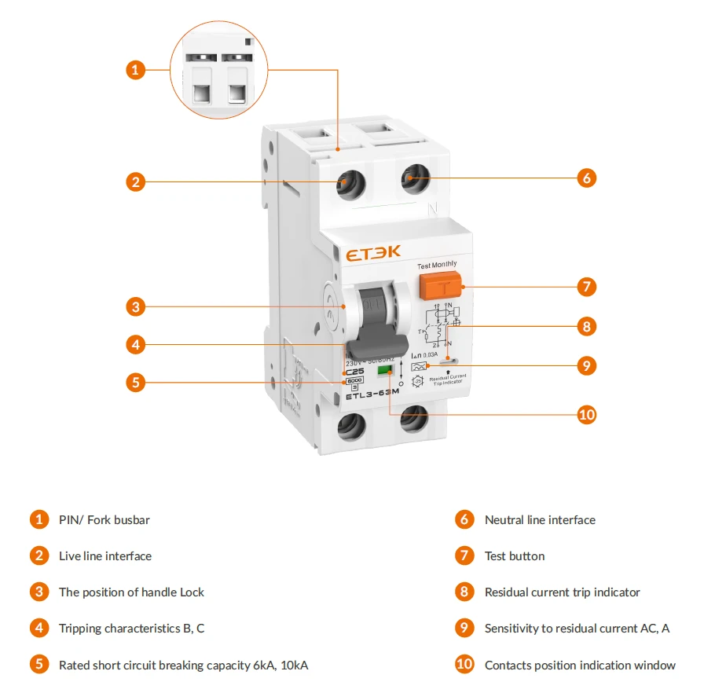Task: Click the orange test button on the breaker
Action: [x=440, y=287]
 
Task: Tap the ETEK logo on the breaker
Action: [x=372, y=252]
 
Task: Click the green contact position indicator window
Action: [x=385, y=368]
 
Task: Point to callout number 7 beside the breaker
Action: [x=586, y=286]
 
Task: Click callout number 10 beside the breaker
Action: [x=586, y=415]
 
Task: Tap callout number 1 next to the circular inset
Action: [x=136, y=70]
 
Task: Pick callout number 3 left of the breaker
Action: [x=136, y=306]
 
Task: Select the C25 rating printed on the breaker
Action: [x=354, y=372]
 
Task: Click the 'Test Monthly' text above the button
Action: [x=437, y=265]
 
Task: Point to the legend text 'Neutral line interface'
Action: [x=540, y=520]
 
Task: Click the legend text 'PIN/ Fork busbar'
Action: [x=104, y=520]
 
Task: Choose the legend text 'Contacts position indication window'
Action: [x=580, y=665]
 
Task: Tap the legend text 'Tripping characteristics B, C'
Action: [x=132, y=629]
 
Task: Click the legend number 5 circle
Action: [x=39, y=665]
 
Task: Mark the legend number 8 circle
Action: [x=465, y=592]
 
